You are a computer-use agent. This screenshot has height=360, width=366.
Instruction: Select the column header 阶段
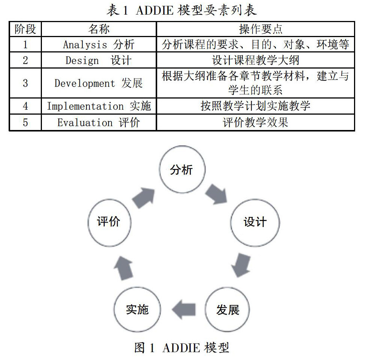[25, 29]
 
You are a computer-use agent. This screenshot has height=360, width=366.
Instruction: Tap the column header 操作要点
[255, 29]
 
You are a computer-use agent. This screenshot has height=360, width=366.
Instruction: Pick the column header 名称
[99, 29]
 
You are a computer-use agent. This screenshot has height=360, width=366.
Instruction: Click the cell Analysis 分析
[99, 45]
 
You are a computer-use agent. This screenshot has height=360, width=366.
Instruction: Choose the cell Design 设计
[99, 60]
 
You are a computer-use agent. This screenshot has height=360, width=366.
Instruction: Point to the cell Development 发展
[99, 83]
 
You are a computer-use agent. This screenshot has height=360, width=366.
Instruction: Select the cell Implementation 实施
[99, 106]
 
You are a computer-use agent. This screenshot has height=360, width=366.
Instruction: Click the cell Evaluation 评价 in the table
[99, 122]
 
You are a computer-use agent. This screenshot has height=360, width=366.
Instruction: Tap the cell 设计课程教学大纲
[255, 60]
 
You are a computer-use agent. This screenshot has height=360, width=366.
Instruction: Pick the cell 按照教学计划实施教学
[255, 106]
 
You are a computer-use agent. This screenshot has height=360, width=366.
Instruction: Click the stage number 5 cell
[25, 122]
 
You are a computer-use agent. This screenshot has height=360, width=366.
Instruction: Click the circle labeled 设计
[255, 222]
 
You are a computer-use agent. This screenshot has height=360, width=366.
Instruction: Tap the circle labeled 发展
[228, 310]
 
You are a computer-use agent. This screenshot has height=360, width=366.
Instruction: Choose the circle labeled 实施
[137, 310]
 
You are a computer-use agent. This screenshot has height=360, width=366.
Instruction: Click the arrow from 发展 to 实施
[183, 310]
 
